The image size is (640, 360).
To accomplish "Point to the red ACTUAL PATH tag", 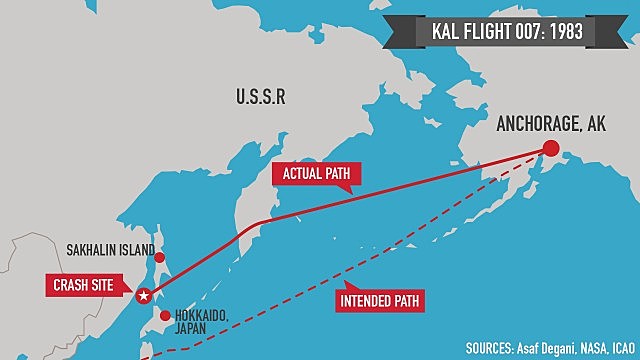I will [x=316, y=174].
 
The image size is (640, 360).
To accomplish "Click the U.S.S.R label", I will [x=262, y=98].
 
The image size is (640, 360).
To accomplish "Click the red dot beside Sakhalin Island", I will [x=159, y=257].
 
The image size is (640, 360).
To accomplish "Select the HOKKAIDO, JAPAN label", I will [x=200, y=321].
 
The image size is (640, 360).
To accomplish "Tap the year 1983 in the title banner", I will [x=573, y=32].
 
